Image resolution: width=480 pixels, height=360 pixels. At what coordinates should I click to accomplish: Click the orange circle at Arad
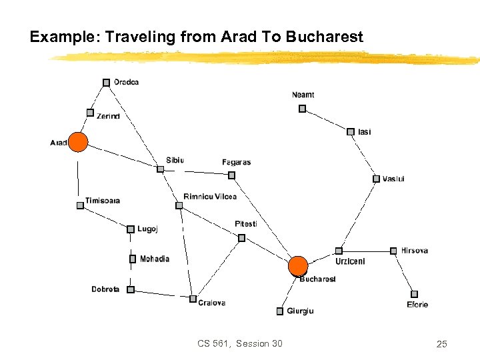tap(79, 142)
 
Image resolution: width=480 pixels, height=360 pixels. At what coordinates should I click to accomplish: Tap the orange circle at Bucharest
tap(298, 266)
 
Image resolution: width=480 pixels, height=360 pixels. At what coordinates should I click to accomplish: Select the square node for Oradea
tap(106, 83)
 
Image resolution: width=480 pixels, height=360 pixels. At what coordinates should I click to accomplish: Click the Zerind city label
tap(108, 116)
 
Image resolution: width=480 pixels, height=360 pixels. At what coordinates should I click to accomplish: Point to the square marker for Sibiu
tap(160, 169)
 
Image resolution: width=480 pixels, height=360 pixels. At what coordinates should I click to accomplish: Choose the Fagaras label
tap(236, 162)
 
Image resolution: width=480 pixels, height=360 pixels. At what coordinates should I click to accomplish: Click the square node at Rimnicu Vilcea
tap(179, 205)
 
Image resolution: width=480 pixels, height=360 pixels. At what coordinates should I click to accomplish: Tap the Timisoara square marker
tap(80, 205)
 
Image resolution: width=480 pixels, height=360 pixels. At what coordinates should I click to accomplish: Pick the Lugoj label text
tap(147, 229)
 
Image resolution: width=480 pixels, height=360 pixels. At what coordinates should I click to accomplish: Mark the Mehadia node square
tap(133, 259)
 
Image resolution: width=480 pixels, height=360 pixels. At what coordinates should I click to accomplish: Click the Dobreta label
tap(105, 289)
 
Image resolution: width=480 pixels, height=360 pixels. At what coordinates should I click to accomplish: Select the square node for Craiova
tap(193, 299)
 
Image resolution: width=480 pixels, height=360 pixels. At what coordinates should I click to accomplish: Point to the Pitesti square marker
tap(241, 237)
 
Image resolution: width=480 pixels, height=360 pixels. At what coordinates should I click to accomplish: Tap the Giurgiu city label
tap(300, 311)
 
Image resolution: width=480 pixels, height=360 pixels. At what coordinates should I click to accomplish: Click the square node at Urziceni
tap(339, 251)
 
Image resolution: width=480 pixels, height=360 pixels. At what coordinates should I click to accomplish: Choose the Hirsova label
tap(414, 251)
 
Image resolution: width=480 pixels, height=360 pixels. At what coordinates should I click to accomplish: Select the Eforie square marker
tap(414, 294)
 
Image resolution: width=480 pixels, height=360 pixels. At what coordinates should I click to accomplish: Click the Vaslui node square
tap(376, 179)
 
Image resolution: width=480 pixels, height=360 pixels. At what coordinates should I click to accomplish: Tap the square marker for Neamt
tap(302, 108)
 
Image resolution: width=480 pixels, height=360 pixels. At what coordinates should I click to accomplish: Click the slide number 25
tap(441, 344)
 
